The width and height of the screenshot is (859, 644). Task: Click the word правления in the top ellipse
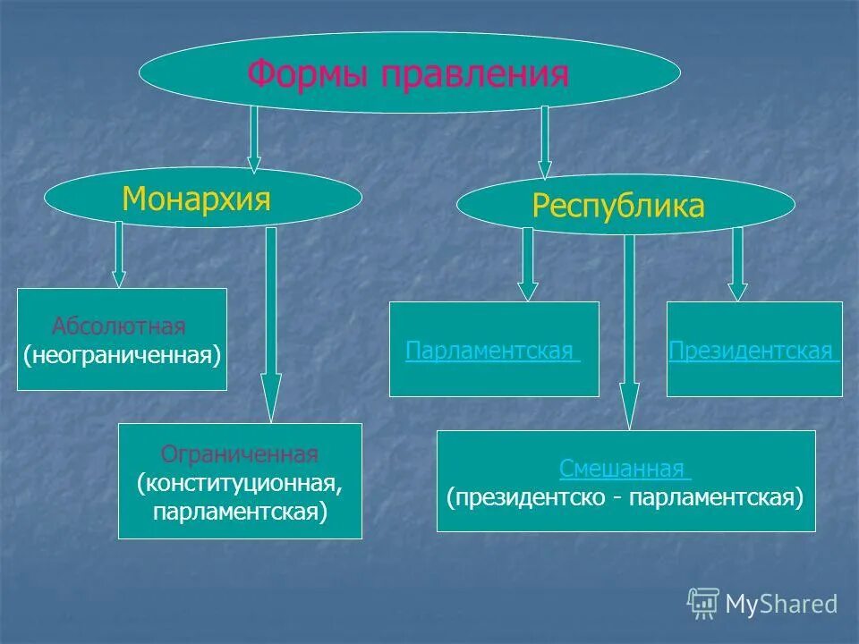[475, 73]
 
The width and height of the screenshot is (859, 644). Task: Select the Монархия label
[196, 198]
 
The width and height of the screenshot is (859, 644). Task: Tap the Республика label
[618, 207]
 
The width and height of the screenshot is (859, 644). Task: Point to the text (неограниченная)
[122, 355]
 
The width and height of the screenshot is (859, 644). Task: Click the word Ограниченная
[239, 454]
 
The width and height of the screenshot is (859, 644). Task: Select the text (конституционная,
[240, 483]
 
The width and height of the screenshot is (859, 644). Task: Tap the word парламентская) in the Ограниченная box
[240, 512]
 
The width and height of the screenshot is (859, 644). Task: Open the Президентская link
[753, 351]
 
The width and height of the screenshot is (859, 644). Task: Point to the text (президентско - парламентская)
[625, 496]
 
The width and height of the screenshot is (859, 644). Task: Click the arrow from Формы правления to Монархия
[254, 139]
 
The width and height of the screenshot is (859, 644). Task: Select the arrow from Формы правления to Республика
[544, 142]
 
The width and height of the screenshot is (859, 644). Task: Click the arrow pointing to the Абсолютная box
[118, 254]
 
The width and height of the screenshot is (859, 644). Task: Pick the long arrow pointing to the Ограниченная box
[272, 326]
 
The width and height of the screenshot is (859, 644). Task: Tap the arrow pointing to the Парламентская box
[528, 264]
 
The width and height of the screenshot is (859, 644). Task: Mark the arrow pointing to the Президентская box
[737, 264]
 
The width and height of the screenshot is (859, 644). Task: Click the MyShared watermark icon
[703, 604]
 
